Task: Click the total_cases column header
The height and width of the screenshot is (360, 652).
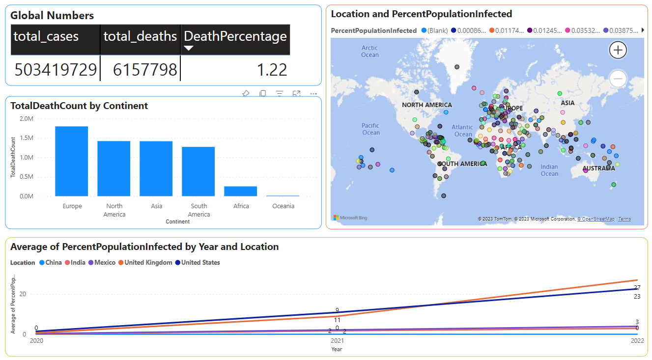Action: coord(46,36)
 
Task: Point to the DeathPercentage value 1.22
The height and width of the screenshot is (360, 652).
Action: coord(272,70)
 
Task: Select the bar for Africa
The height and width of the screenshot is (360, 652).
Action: coord(241,191)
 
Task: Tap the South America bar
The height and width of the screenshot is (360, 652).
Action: coord(198,171)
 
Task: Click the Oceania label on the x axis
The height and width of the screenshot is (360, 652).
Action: coord(283,206)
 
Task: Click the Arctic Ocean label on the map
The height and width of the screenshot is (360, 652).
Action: coord(369,51)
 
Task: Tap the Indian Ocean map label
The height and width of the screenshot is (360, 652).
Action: coord(549,170)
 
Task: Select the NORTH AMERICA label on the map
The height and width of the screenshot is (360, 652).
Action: coord(426,105)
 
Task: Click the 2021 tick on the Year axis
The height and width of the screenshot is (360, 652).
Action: coord(337,340)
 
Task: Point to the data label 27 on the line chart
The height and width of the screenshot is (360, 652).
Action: coord(637,288)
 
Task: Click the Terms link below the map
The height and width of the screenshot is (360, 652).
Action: coord(624,219)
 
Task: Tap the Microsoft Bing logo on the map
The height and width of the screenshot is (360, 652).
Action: coord(350,218)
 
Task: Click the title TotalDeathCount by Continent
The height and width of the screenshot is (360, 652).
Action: coord(79,106)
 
